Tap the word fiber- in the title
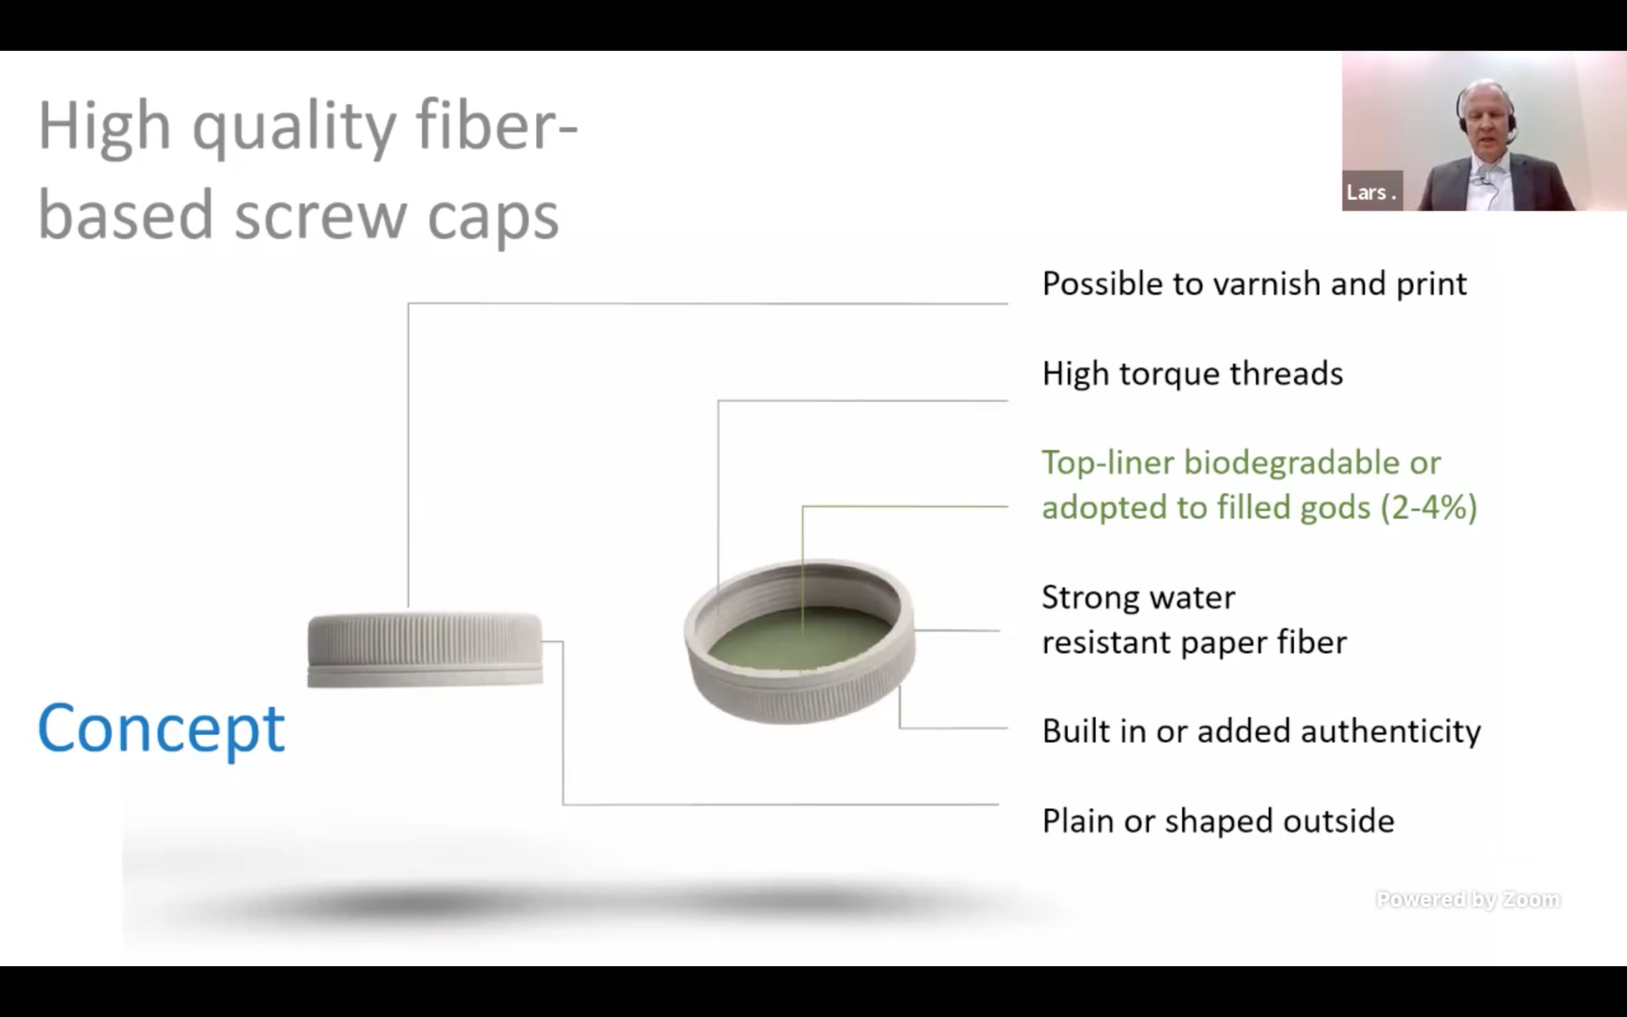tap(497, 125)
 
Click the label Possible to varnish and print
tap(1253, 284)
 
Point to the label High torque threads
tap(1191, 374)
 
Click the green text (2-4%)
tap(1429, 508)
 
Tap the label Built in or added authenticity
tap(1260, 731)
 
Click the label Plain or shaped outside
tap(1217, 821)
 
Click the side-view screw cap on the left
tap(425, 649)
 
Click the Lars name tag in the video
tap(1370, 192)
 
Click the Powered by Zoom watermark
tap(1467, 899)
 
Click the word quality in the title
tap(293, 127)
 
